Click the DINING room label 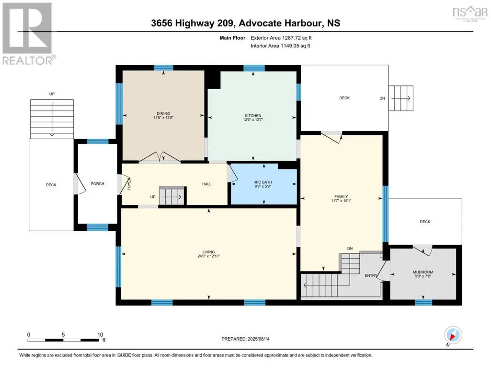[163, 114]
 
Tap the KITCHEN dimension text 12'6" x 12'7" [253, 119]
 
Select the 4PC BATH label [263, 182]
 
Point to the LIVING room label [208, 252]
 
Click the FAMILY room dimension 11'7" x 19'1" [342, 201]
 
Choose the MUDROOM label [423, 272]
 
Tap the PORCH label [97, 184]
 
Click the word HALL [206, 184]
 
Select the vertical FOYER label [129, 184]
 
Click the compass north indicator [453, 336]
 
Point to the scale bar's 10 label [100, 334]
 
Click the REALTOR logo [28, 34]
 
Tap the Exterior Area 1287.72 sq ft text [281, 38]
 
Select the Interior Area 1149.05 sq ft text [281, 46]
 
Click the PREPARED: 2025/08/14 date [245, 339]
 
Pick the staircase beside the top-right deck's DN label [401, 98]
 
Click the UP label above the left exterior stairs [52, 94]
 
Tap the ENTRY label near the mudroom [371, 275]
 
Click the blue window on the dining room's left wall [119, 104]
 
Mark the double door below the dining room [160, 157]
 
